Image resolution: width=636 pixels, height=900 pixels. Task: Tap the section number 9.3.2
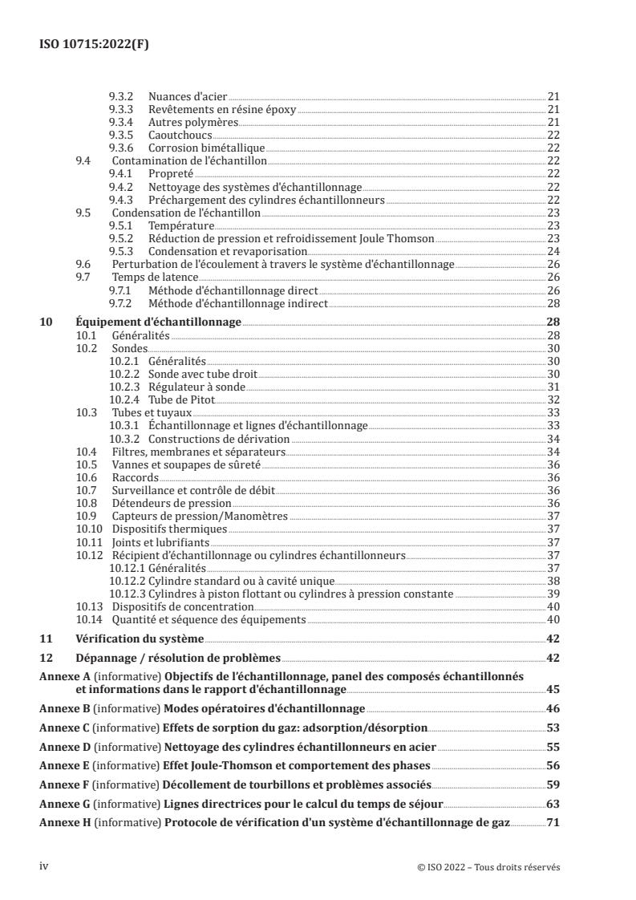point(120,97)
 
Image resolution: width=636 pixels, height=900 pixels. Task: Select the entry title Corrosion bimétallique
point(206,148)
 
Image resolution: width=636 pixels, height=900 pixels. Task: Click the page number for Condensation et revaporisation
point(553,251)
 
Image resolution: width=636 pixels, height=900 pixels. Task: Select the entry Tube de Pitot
point(180,399)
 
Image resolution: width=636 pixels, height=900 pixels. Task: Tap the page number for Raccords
point(553,477)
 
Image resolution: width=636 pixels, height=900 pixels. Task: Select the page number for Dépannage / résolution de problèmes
point(553,658)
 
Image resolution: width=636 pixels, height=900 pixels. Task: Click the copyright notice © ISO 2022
point(489,866)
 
